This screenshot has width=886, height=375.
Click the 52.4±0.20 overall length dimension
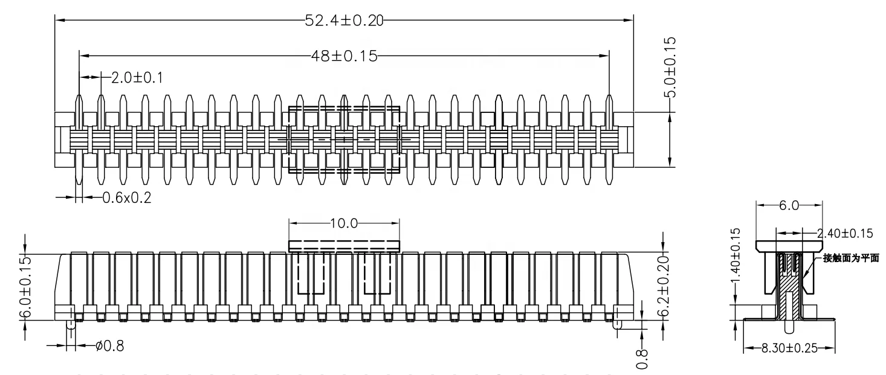pos(343,19)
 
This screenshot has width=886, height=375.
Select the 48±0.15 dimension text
pos(343,56)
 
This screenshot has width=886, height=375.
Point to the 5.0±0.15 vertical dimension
pos(670,66)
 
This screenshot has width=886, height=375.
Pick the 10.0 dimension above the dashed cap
pos(344,223)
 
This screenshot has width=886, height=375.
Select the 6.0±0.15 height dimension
pos(25,287)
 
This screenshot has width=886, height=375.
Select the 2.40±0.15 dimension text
pos(844,233)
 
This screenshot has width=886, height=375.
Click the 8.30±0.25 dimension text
pos(788,349)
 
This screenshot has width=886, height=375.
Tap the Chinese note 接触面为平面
pos(851,258)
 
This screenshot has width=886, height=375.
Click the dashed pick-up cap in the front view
pos(344,246)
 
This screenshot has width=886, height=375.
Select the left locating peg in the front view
pos(71,324)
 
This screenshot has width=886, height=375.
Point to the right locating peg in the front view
pos(618,324)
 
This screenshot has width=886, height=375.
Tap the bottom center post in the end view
pos(788,326)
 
